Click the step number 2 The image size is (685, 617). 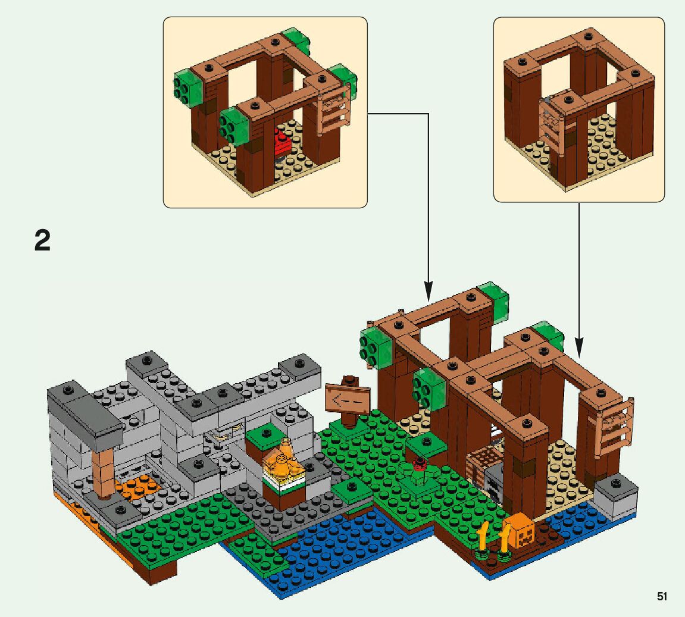[42, 241]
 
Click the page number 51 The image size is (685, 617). [662, 596]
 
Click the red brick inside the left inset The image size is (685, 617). [281, 144]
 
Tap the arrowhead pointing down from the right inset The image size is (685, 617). [579, 349]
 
